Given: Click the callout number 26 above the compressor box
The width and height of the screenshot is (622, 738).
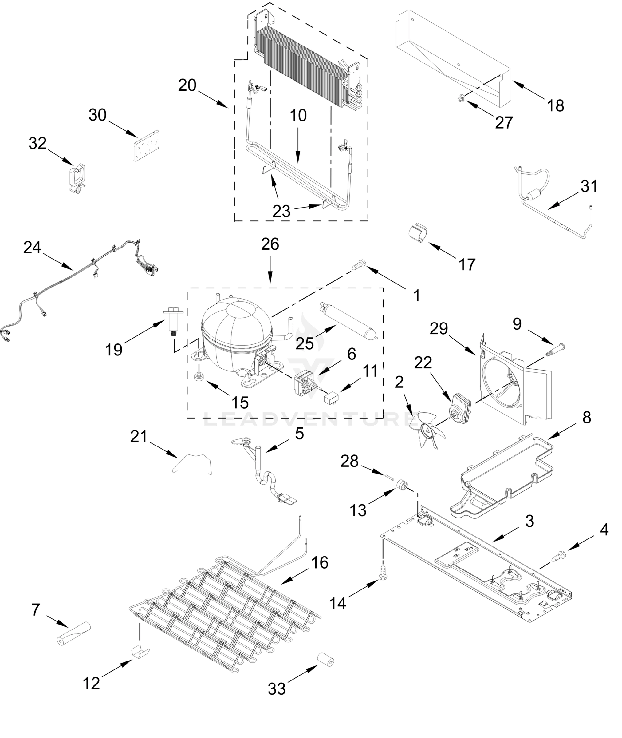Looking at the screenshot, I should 270,244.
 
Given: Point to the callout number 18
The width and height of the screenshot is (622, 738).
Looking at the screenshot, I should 555,105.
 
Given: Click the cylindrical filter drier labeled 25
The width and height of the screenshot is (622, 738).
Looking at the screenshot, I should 347,320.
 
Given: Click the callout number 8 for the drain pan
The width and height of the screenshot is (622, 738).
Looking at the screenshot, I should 586,417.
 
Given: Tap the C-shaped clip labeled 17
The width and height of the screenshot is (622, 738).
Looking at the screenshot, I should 418,232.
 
